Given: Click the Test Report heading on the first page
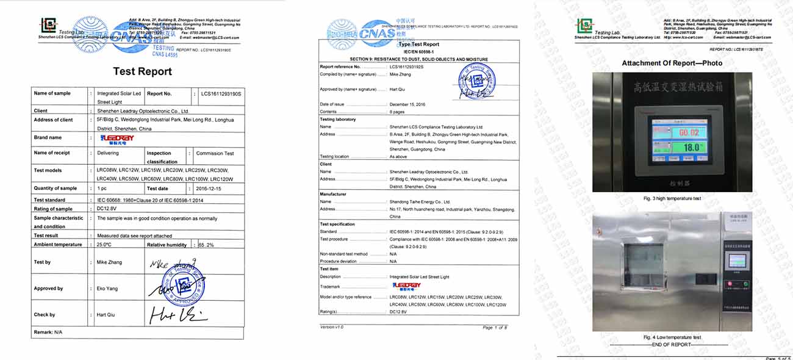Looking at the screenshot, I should point(142,71).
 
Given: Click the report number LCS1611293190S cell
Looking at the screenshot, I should point(221,94).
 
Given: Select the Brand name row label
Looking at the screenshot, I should point(48,138).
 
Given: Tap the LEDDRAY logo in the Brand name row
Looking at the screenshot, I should point(117,139).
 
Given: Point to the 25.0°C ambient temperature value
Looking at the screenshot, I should point(104,245).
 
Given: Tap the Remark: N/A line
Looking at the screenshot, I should point(48,333).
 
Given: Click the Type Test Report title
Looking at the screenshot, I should point(418,45).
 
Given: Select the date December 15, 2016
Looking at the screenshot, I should point(407,104).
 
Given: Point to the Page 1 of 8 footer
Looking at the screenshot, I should point(494,328).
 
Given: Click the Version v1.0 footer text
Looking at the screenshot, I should point(332,327).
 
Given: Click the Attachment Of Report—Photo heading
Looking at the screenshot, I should point(672,63).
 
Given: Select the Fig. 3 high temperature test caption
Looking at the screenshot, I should point(672,199).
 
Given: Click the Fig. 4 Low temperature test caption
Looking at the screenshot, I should point(672,337).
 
